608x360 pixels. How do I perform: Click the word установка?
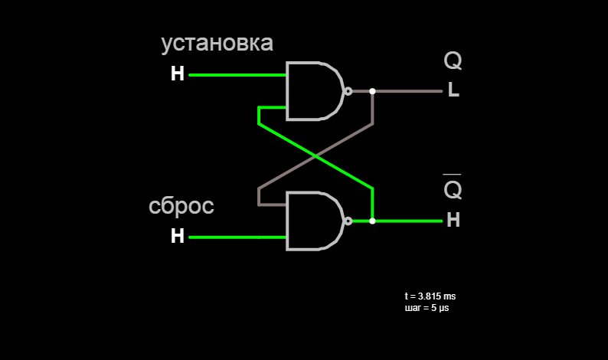click(217, 44)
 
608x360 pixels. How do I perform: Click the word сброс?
click(181, 206)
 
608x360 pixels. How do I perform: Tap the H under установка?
click(178, 74)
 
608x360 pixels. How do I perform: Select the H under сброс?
click(178, 235)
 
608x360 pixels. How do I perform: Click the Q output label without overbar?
click(453, 61)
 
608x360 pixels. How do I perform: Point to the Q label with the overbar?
click(453, 187)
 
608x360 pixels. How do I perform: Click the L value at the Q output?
click(453, 90)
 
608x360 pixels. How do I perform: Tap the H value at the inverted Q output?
click(453, 220)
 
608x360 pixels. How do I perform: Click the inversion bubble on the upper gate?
click(348, 91)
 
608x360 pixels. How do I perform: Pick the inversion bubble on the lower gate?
click(348, 221)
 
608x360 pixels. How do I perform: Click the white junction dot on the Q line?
click(372, 91)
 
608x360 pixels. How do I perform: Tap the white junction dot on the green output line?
click(372, 221)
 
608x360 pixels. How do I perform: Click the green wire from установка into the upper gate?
click(237, 75)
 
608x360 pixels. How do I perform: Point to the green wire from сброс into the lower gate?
click(237, 237)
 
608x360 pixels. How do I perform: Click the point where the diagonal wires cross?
click(315, 156)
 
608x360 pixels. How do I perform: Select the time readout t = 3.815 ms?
click(430, 296)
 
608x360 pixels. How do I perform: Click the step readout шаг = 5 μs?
click(427, 308)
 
